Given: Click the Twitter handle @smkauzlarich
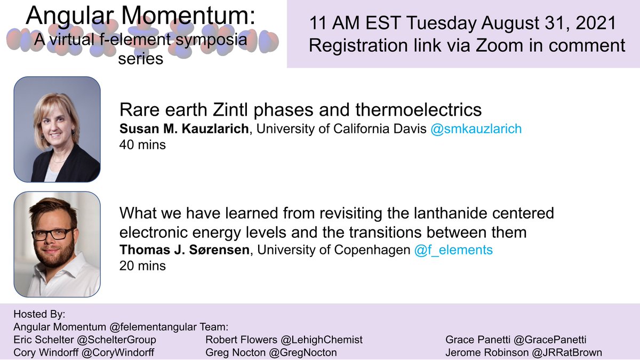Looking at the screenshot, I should click(476, 129).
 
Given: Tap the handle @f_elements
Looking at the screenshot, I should click(453, 250).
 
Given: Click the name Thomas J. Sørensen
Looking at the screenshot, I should click(184, 250).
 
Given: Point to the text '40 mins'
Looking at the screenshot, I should click(142, 144).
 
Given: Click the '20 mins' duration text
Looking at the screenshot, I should click(142, 266).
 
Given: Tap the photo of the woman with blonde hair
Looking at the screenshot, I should click(57, 130).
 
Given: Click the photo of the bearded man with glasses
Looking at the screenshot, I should click(57, 244).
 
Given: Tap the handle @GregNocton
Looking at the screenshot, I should click(303, 353).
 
